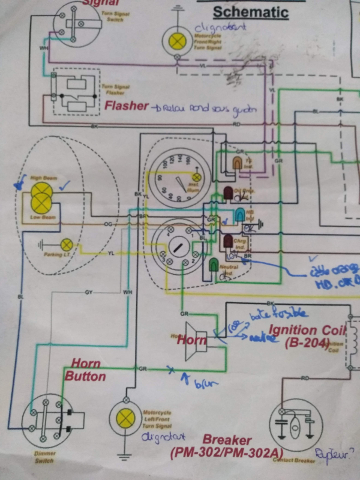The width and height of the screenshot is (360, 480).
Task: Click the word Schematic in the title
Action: click(x=251, y=12)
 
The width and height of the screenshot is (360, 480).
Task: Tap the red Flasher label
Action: click(x=127, y=106)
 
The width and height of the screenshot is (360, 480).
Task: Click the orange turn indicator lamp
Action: click(x=238, y=163)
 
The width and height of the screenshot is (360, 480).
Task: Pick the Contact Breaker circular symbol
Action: click(x=294, y=427)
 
